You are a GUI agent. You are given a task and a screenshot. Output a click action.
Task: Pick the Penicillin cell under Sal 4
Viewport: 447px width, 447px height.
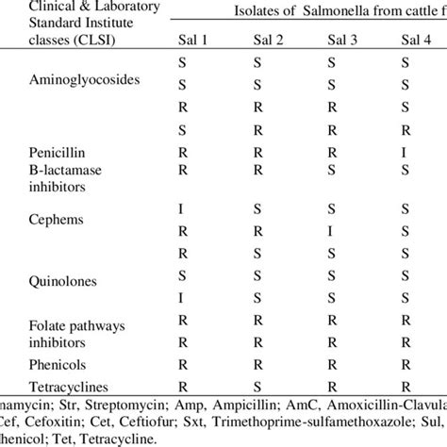[x=403, y=149]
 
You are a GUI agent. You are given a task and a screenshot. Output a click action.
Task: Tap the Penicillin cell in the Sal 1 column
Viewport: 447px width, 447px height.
[x=181, y=149]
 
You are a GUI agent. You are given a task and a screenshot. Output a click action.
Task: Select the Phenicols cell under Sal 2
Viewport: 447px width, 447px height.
[x=256, y=363]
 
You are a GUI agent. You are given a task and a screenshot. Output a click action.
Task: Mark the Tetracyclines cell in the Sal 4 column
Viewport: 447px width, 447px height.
[x=403, y=386]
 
